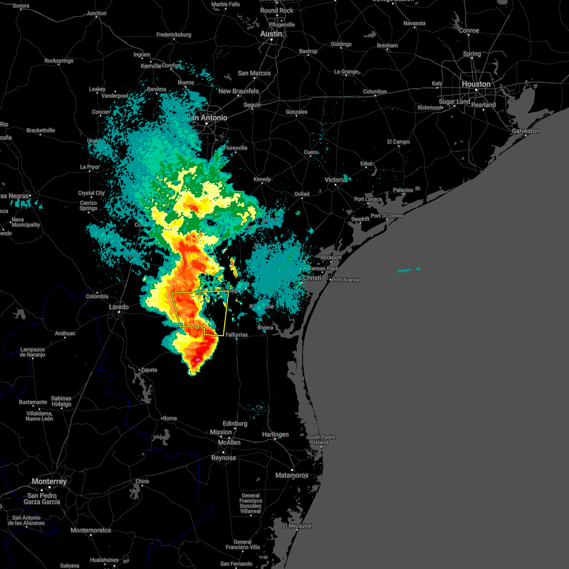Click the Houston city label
click(476, 84)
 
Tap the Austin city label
click(271, 34)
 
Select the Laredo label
click(119, 307)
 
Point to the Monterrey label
click(49, 481)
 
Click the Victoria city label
click(335, 180)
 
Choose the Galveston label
click(525, 131)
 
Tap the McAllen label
click(229, 442)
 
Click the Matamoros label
click(292, 475)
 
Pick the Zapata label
click(148, 370)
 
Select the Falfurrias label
click(237, 335)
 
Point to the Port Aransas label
click(347, 280)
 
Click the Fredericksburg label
click(174, 35)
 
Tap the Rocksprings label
click(59, 61)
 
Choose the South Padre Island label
click(321, 440)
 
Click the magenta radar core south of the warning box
click(197, 360)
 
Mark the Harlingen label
click(275, 434)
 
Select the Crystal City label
click(92, 193)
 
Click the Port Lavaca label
click(367, 199)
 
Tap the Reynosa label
click(223, 458)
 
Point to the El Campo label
click(398, 142)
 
